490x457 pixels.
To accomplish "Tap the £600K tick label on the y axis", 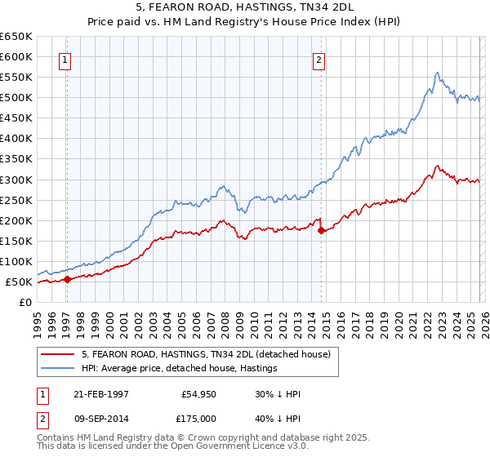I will tap(16, 56).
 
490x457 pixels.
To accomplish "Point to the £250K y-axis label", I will tap(16, 200).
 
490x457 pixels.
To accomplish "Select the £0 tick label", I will tap(25, 302).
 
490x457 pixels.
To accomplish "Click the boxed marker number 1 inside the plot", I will tap(65, 59).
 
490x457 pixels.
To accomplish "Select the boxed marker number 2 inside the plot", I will tap(318, 59).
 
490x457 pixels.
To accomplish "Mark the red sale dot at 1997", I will tap(68, 279).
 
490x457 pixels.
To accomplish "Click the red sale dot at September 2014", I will tap(321, 230).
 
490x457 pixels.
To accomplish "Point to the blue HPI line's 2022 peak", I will tap(438, 73).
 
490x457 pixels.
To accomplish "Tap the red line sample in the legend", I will tap(59, 354).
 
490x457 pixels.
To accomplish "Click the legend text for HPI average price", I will tap(179, 368).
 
